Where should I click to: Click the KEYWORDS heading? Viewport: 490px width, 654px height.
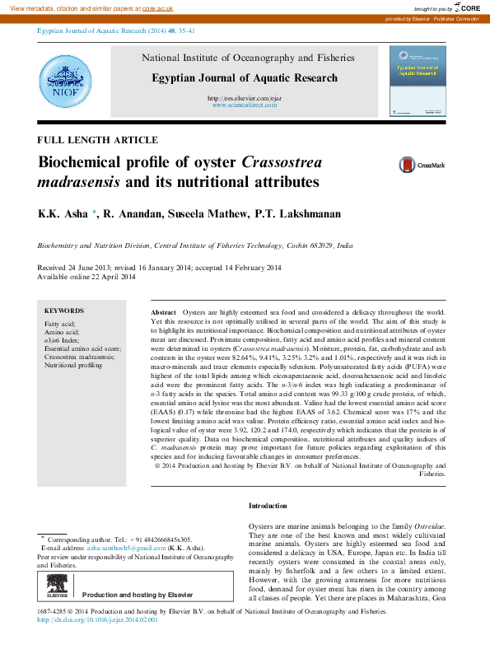(x=64, y=311)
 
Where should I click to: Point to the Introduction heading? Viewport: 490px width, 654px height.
(x=268, y=505)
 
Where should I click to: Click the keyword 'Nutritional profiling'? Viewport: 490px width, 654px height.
(x=73, y=365)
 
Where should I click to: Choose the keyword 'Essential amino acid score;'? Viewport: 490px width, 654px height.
(x=82, y=348)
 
